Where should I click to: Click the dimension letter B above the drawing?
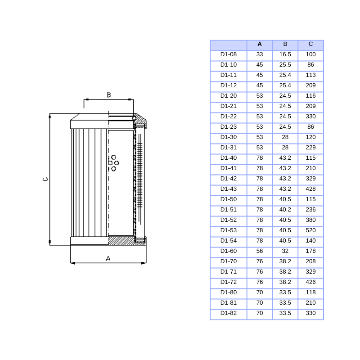(108, 94)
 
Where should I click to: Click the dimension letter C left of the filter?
(45, 179)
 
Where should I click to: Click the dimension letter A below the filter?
(108, 258)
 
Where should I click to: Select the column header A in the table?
(260, 44)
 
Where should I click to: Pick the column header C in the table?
(310, 44)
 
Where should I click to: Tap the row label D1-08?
(228, 54)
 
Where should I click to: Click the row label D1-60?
(228, 251)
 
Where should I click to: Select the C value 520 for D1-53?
(310, 230)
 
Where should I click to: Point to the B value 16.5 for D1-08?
(285, 54)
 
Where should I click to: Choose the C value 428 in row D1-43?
(310, 189)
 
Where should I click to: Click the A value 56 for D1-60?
(260, 251)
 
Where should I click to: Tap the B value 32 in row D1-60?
(285, 251)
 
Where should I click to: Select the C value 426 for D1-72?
(310, 282)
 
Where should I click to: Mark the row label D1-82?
(228, 313)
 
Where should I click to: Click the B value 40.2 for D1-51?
(285, 210)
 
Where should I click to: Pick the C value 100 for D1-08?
(310, 54)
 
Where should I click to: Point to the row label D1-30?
(228, 137)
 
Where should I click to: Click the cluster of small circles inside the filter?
(113, 162)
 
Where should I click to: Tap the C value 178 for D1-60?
(310, 251)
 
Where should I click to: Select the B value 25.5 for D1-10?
(285, 65)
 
